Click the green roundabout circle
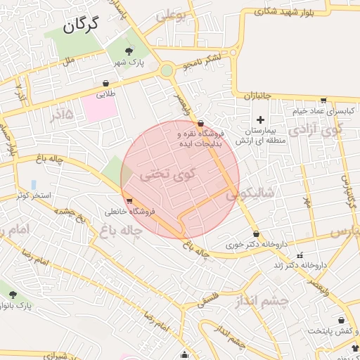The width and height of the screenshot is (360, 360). [x=167, y=70]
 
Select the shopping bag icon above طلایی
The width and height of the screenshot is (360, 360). [x=105, y=82]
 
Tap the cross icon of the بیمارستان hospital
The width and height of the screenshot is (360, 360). [x=262, y=120]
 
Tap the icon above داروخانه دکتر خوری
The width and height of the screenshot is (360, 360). [x=255, y=234]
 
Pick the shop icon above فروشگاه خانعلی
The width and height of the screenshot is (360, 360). [x=129, y=200]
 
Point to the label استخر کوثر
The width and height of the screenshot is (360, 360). [x=35, y=195]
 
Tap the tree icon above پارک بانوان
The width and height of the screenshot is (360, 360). [x=12, y=294]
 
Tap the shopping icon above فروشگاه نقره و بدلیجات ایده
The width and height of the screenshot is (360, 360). [x=202, y=122]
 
